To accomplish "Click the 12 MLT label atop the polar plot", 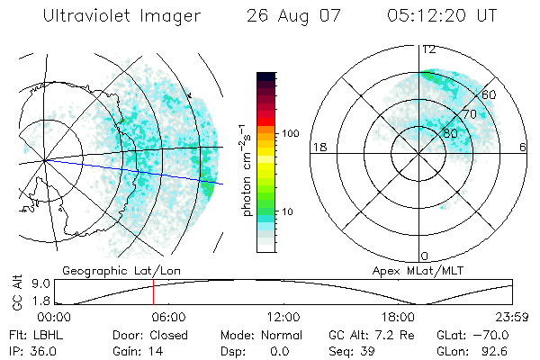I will (x=428, y=49).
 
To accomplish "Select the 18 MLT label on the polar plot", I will (x=318, y=147).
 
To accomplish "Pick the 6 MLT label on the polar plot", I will (x=523, y=147).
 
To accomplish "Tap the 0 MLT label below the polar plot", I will (x=426, y=256).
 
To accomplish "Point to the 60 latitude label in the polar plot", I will (x=490, y=94).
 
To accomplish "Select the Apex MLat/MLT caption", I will (x=409, y=270).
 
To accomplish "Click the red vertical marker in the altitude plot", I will (x=153, y=293).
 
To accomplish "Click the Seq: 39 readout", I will (x=350, y=350).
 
